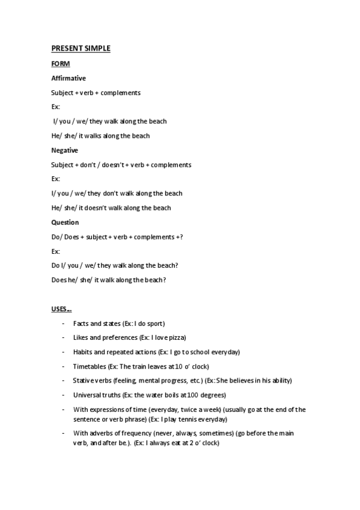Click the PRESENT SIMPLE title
click(x=81, y=49)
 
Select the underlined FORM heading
click(x=60, y=63)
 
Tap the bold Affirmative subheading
click(x=69, y=78)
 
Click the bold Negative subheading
click(x=65, y=150)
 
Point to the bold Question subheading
click(x=65, y=223)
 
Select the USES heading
click(x=61, y=309)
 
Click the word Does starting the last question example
click(x=59, y=280)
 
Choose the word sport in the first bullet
click(x=155, y=324)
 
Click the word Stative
click(x=83, y=381)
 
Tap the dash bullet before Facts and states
click(x=64, y=324)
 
